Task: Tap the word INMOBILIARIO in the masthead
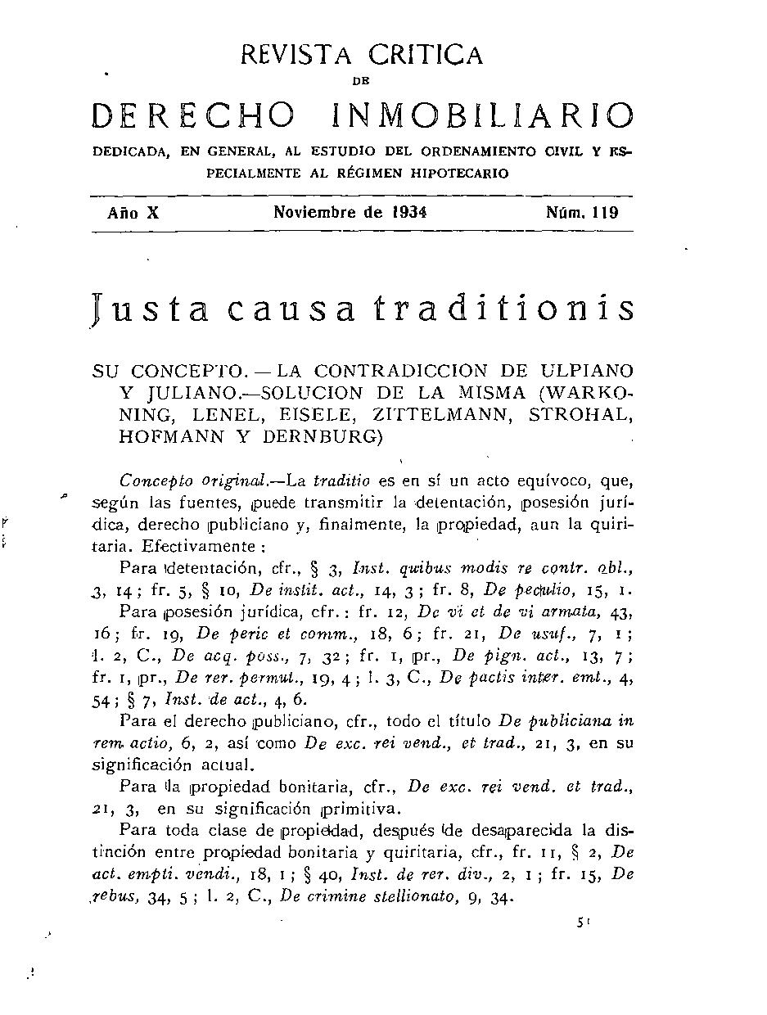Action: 482,116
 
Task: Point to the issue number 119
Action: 605,213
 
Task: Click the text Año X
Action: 133,213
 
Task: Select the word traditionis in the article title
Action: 503,309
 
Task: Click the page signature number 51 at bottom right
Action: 583,922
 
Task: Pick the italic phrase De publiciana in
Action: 570,721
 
